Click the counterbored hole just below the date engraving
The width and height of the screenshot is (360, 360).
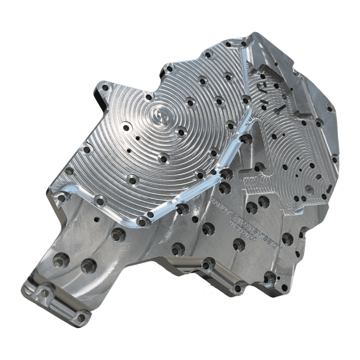tap(239, 244)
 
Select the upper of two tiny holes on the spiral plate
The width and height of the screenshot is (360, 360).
tap(138, 138)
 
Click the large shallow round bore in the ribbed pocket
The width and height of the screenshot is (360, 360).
tap(309, 190)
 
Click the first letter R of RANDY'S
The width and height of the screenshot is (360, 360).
tap(212, 199)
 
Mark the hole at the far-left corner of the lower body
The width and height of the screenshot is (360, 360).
tap(62, 198)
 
